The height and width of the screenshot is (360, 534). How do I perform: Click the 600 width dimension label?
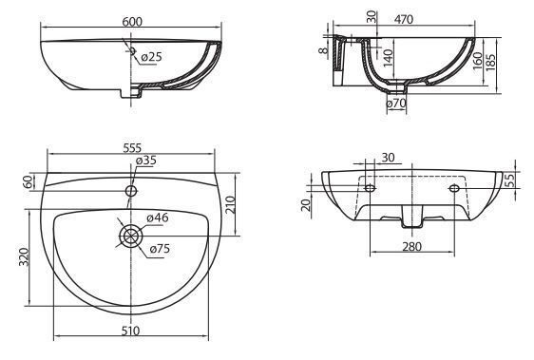132,22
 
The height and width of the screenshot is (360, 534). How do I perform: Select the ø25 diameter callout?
151,57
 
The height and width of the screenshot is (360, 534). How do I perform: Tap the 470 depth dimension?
404,19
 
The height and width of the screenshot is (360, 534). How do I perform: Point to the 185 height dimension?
491,61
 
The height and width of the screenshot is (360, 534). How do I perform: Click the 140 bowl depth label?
388,58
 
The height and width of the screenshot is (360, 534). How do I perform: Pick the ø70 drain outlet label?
397,103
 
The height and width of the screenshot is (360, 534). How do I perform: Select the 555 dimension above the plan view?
132,148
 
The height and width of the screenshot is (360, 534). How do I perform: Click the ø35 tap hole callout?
145,161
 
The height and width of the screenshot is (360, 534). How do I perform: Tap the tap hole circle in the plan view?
131,190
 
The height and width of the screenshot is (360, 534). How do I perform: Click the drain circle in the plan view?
131,236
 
